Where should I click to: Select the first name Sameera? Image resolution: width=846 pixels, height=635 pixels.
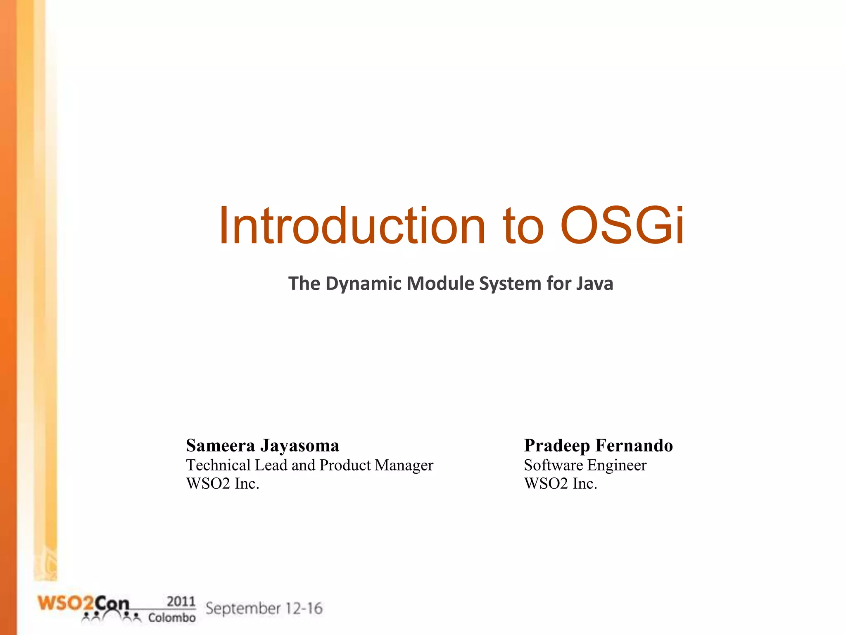220,446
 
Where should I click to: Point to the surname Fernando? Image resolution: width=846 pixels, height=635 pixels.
634,446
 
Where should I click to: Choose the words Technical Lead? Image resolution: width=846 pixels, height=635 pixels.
237,465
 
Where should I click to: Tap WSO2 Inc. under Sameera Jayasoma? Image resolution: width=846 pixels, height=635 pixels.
223,484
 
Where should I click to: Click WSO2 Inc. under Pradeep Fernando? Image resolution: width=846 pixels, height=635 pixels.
561,484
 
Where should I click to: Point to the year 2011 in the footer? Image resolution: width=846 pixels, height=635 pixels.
181,602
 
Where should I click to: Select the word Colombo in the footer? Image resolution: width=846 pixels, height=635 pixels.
171,618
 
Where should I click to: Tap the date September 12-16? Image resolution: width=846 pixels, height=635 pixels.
264,609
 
